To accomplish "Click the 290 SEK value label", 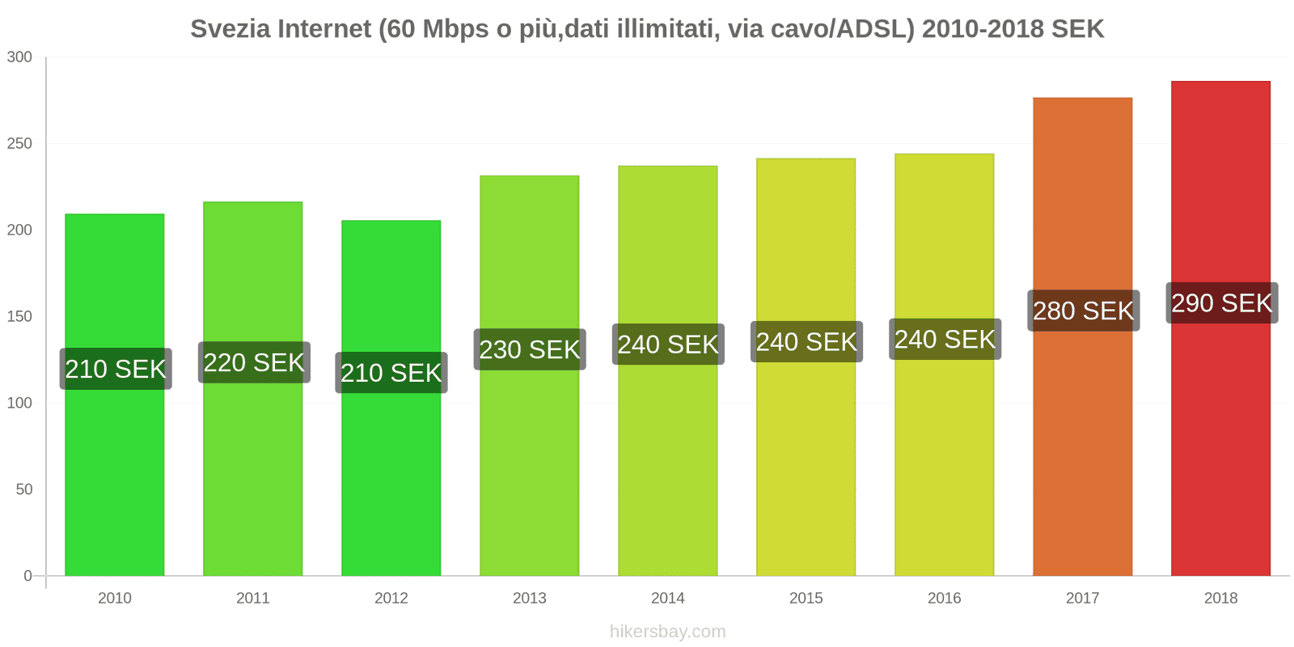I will click(1221, 303).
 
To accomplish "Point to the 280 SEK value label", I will click(1083, 311).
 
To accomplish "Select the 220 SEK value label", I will click(254, 362).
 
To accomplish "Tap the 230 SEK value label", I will click(530, 349).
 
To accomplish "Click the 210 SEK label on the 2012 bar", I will click(391, 373).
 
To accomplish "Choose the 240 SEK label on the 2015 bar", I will click(806, 342).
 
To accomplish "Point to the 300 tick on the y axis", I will click(19, 57).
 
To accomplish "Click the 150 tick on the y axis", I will click(19, 316).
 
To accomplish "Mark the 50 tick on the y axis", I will click(23, 489).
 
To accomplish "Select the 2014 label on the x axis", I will click(667, 598).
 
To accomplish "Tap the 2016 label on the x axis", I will click(944, 598).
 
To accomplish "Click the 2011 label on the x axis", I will click(252, 598).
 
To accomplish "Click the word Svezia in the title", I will click(230, 29).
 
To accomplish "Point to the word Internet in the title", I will click(324, 29).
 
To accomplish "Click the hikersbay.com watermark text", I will click(667, 632).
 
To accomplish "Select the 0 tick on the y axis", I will click(27, 576).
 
